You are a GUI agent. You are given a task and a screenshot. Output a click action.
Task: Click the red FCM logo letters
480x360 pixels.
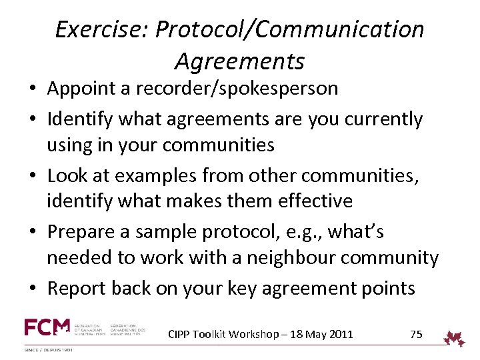pyautogui.click(x=47, y=327)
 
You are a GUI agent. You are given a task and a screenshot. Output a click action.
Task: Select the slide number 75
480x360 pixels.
pyautogui.click(x=416, y=334)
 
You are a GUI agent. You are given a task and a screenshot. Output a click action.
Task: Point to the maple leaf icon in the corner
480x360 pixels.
pyautogui.click(x=456, y=338)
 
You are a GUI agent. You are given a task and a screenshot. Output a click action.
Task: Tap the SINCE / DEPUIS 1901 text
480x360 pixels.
pyautogui.click(x=49, y=350)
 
